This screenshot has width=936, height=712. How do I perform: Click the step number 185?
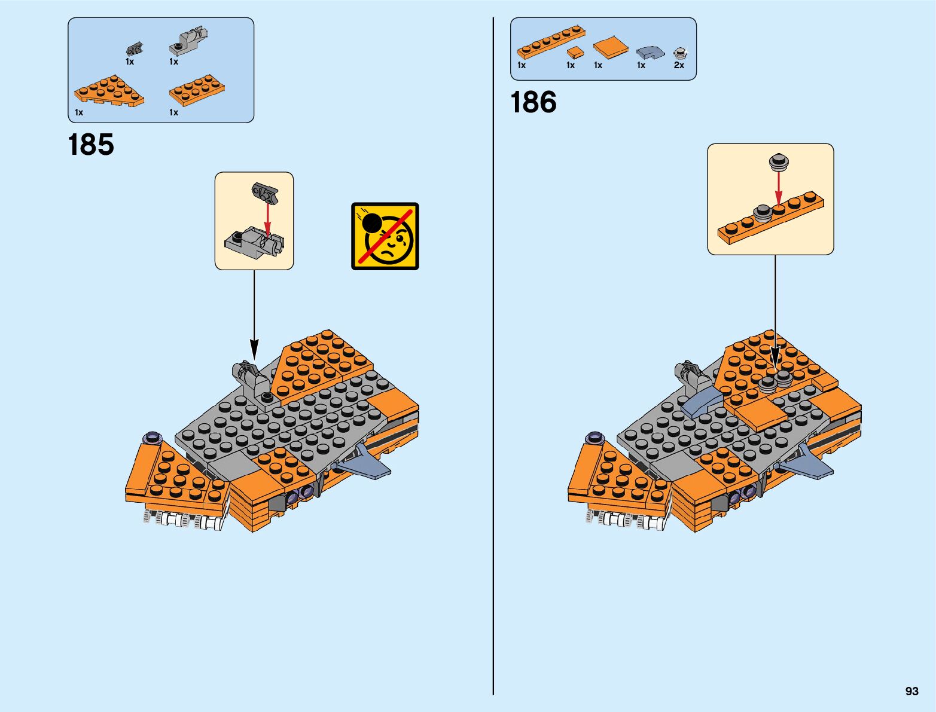(x=91, y=145)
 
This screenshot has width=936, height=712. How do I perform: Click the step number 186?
(x=533, y=102)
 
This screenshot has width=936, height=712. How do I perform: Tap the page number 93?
(x=911, y=691)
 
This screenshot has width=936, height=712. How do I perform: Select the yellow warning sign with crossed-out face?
(x=385, y=236)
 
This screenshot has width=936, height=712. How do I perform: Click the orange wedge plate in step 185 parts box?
(x=109, y=91)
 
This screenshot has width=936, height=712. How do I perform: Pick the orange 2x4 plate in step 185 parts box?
(x=197, y=90)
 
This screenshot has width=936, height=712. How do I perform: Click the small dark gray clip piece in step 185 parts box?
(x=135, y=49)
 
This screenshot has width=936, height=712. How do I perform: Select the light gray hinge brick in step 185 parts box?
(x=188, y=40)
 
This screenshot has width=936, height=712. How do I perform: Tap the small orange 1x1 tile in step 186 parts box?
(x=575, y=52)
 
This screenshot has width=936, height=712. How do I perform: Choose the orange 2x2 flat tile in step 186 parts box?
(x=611, y=47)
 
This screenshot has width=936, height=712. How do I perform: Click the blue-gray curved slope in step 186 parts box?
(x=650, y=53)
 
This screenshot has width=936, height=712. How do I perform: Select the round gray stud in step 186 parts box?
(x=679, y=53)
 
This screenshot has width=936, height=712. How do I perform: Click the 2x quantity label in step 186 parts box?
(x=679, y=65)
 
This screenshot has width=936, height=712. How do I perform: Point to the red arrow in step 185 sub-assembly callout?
(x=267, y=219)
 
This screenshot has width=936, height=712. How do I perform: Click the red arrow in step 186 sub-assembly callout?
(x=778, y=188)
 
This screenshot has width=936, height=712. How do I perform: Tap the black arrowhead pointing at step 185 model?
(x=254, y=349)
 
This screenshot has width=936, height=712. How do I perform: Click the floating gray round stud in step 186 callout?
(x=778, y=161)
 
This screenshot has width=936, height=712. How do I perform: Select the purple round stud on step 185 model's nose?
(x=153, y=437)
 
